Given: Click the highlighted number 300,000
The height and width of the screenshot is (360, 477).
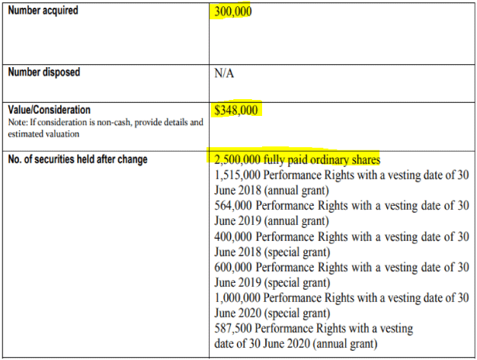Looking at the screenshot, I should (x=233, y=13).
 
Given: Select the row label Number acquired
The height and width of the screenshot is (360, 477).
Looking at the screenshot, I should (x=44, y=12).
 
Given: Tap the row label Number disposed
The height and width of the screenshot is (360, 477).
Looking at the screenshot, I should (x=44, y=73).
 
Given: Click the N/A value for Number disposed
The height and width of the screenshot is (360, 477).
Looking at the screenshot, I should (x=226, y=75).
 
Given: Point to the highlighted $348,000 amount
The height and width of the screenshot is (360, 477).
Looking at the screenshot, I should (x=237, y=111).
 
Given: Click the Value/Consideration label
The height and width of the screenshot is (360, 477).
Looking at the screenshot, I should (x=50, y=110).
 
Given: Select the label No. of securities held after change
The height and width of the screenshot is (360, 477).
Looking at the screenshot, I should (x=77, y=159).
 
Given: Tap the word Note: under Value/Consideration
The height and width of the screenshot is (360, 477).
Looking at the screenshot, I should (x=18, y=122).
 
